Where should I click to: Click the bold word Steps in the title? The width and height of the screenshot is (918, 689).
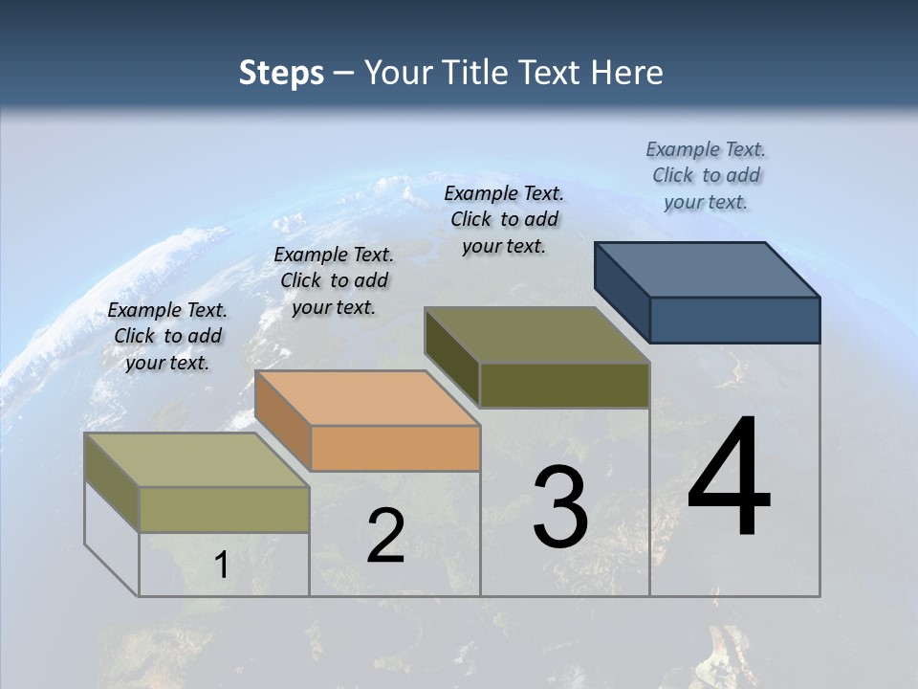pos(281,73)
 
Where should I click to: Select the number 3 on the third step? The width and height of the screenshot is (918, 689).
pos(560,507)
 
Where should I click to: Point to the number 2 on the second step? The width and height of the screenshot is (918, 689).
pos(385,535)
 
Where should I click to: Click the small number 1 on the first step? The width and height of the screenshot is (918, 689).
pos(221,566)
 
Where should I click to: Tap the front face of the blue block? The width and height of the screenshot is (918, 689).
pos(734,320)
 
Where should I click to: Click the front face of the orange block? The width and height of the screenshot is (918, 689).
pos(395,448)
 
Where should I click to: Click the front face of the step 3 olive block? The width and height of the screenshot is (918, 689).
pos(564,385)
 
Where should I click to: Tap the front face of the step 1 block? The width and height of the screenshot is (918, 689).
pos(224,509)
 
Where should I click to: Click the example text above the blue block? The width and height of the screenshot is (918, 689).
pos(706,175)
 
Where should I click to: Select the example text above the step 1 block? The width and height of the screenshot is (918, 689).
pos(167,336)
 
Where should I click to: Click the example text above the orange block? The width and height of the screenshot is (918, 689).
pos(334,280)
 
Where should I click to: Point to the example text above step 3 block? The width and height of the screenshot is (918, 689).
pos(504,219)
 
